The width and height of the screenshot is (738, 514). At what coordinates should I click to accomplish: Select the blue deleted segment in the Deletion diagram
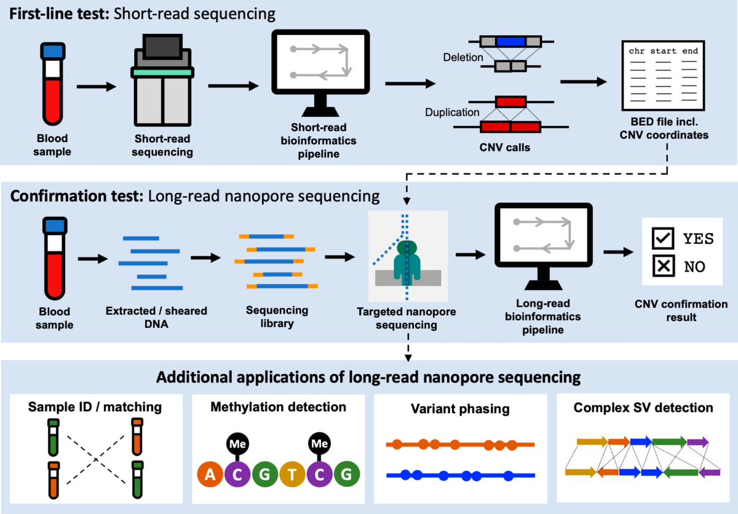pyautogui.click(x=510, y=42)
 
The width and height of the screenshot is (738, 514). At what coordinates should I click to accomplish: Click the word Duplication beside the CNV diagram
pyautogui.click(x=451, y=113)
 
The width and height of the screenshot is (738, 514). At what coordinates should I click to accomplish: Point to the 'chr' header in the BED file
pyautogui.click(x=637, y=51)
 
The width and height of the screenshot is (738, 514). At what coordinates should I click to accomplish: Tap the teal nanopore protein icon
pyautogui.click(x=407, y=261)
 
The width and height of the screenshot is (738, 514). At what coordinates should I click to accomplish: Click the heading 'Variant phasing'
pyautogui.click(x=460, y=408)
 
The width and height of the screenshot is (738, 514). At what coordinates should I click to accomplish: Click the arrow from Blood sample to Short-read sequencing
pyautogui.click(x=97, y=87)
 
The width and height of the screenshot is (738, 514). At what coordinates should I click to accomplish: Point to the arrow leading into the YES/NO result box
pyautogui.click(x=619, y=252)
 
